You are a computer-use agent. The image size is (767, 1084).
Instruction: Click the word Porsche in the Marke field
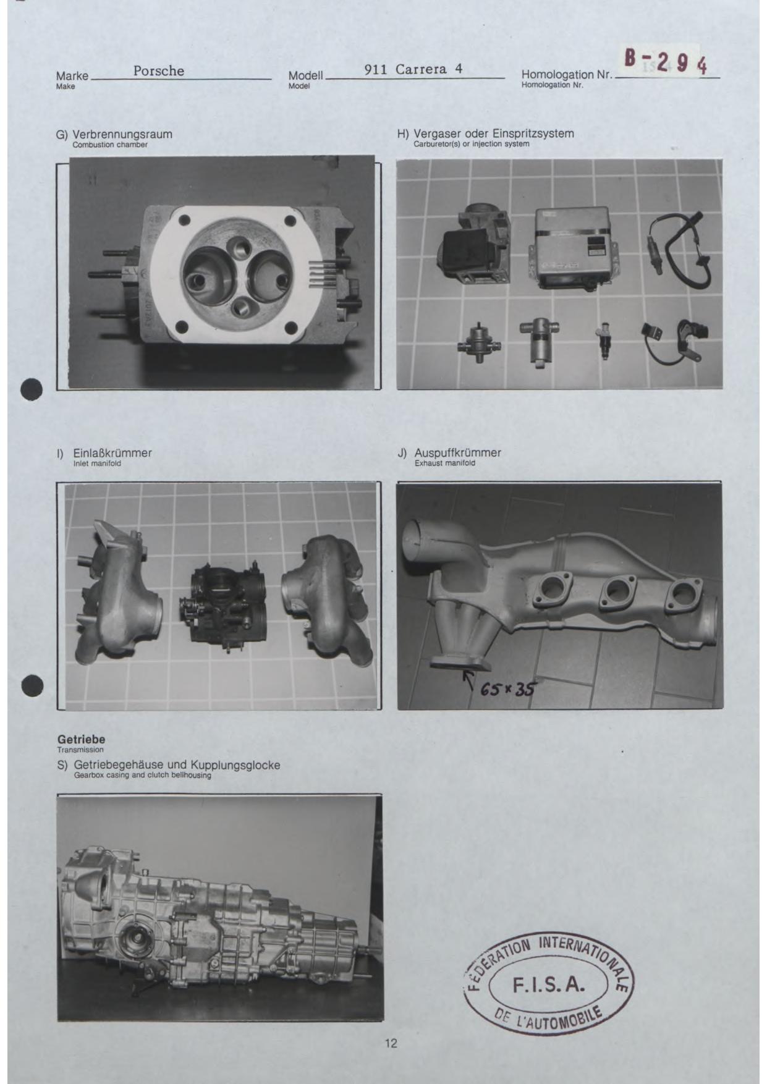[x=159, y=71]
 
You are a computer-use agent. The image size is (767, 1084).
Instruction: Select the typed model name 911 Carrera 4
[x=413, y=69]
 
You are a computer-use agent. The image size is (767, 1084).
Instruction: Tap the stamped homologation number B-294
[x=666, y=62]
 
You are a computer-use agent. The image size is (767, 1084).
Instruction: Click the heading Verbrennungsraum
[x=122, y=134]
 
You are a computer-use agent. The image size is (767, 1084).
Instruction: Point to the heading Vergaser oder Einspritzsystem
[x=494, y=133]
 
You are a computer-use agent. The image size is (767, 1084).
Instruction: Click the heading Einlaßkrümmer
[x=112, y=453]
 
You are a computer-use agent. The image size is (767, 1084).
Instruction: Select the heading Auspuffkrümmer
[x=458, y=453]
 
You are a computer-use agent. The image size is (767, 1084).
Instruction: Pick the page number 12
[x=391, y=1043]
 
